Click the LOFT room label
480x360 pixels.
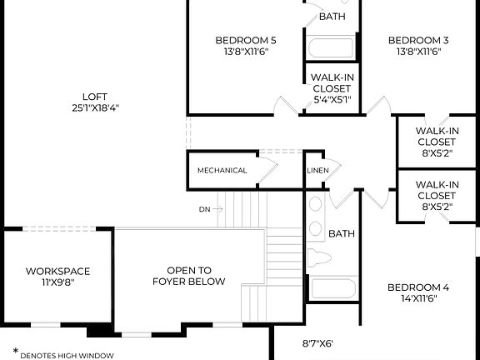(94, 95)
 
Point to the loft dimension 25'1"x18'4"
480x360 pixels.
(94, 107)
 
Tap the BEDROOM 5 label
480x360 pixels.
(246, 40)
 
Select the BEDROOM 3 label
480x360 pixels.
(418, 40)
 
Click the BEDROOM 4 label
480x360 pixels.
(418, 288)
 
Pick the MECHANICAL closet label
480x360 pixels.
(222, 171)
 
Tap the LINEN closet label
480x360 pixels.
(317, 171)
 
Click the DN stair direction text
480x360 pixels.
(204, 209)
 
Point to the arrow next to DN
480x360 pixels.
(217, 209)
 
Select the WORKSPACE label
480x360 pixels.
(57, 271)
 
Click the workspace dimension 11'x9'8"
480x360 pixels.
(57, 282)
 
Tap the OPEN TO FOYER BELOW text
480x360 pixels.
(188, 276)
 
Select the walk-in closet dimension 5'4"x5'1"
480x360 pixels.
(332, 100)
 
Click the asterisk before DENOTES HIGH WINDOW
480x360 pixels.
(15, 352)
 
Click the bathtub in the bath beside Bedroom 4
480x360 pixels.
(332, 290)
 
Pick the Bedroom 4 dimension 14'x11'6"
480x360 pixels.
(418, 300)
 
